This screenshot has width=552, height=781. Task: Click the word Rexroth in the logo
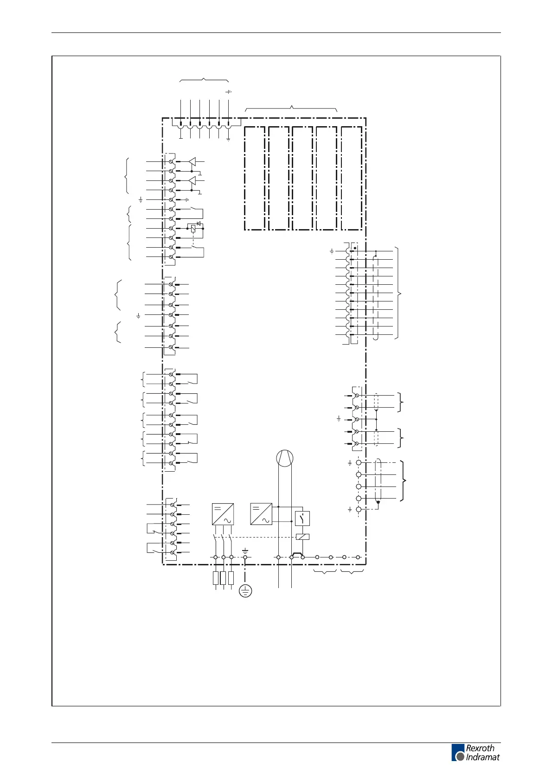click(480, 748)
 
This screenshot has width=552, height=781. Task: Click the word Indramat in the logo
click(483, 757)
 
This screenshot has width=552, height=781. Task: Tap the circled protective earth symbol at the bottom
click(245, 591)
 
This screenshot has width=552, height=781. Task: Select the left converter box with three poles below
click(223, 514)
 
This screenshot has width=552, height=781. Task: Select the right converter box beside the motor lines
click(261, 514)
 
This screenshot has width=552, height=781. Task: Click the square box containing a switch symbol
click(302, 518)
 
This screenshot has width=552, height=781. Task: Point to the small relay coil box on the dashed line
click(302, 537)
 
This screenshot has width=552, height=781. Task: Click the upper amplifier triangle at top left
click(192, 161)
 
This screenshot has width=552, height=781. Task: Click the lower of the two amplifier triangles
click(192, 180)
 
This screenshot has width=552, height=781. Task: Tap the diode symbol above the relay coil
click(199, 224)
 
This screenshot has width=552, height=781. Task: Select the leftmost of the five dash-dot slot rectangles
click(255, 178)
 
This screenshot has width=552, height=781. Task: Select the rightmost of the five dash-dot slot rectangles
click(351, 178)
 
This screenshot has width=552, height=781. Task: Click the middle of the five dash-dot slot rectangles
click(302, 178)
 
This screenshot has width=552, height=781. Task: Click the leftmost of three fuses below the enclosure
click(216, 578)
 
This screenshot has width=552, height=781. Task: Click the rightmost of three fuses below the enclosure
click(231, 578)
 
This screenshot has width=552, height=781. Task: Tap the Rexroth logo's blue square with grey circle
click(458, 752)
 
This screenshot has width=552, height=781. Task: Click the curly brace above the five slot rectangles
click(291, 109)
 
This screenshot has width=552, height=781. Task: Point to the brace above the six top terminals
click(204, 80)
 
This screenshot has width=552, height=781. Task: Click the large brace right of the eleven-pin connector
click(398, 293)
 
